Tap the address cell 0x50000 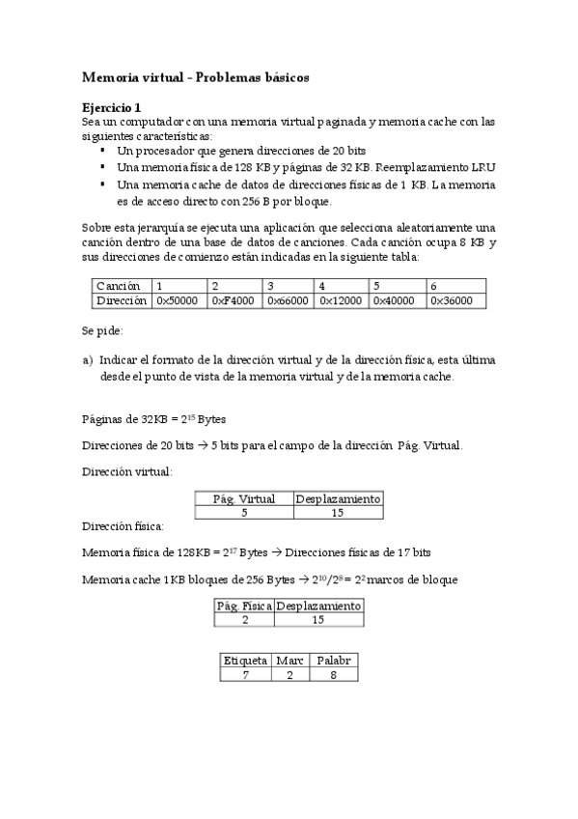point(177,300)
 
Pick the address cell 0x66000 point(287,300)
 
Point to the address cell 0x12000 point(341,300)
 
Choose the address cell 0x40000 point(395,300)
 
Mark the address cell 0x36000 point(452,300)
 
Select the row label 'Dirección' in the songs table point(122,300)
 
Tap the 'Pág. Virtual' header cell point(244,498)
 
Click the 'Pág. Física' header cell point(244,605)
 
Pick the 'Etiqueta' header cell point(245,660)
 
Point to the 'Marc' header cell point(289,660)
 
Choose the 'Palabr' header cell point(333,660)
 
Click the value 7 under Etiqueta point(245,674)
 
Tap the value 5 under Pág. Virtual point(244,513)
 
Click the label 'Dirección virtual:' point(128,471)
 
